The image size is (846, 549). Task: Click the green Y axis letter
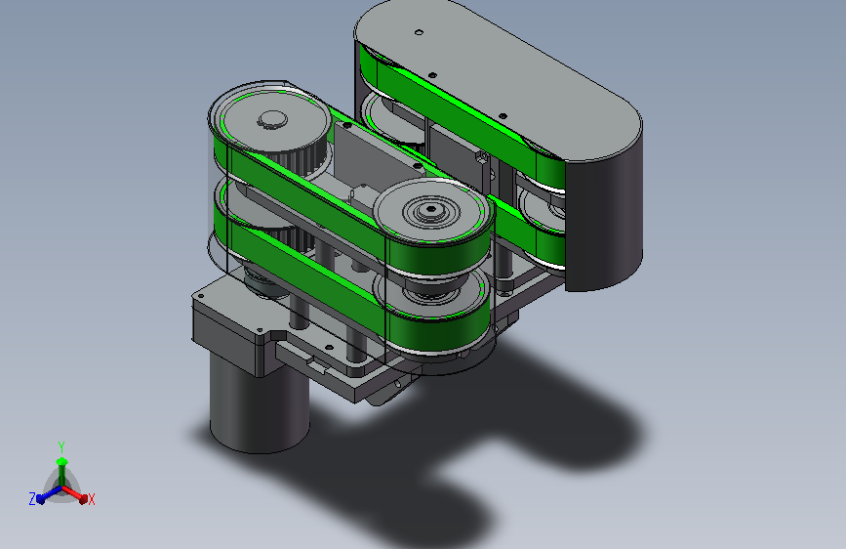[61, 447]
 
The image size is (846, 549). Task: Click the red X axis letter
[91, 499]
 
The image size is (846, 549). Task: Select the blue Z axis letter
[32, 499]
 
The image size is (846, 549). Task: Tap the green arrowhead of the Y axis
[62, 461]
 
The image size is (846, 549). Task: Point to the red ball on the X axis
[83, 499]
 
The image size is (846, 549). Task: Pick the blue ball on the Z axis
[41, 500]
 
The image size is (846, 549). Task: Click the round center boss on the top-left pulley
[272, 119]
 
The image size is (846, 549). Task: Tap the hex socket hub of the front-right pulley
[430, 209]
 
